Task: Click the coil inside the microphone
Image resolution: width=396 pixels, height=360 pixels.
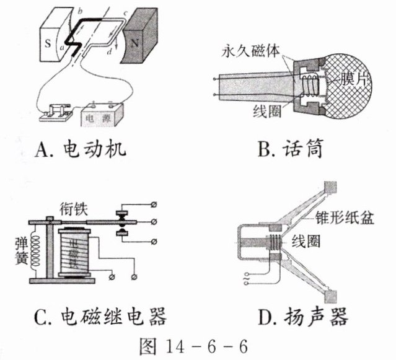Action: click(309, 84)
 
